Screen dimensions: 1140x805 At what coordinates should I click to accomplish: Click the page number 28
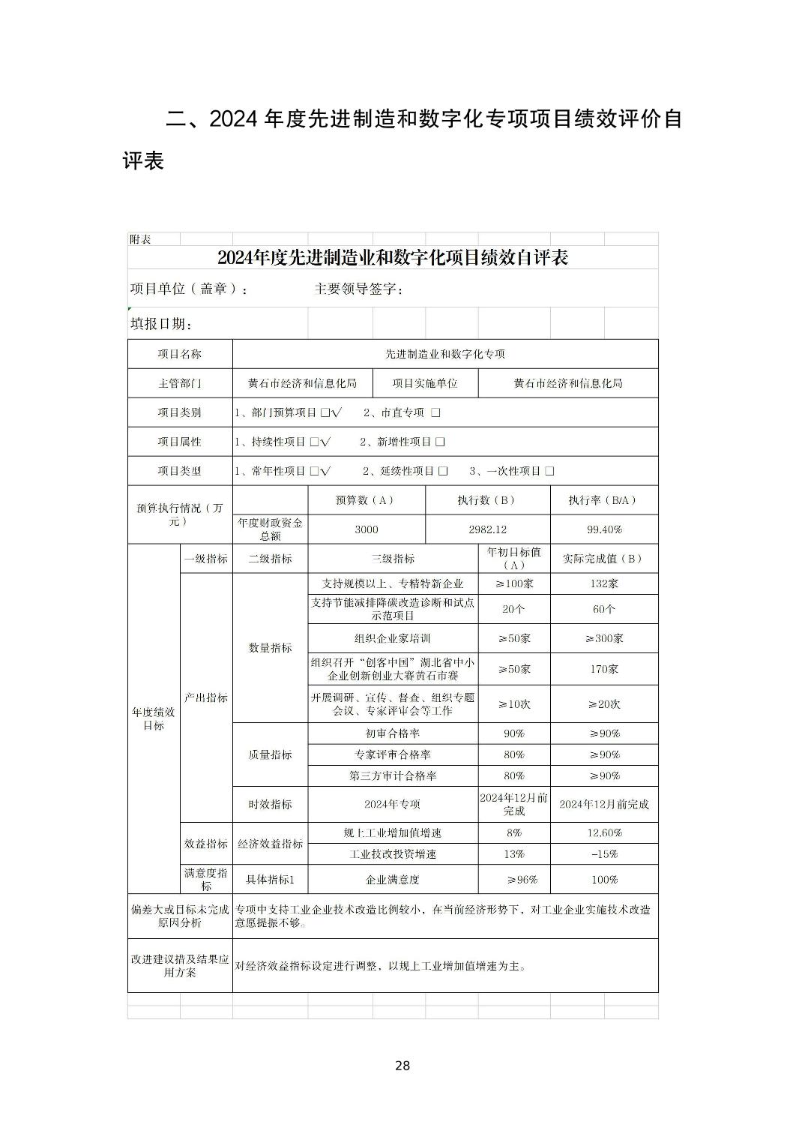402,1066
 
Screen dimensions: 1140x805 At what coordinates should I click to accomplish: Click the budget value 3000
367,529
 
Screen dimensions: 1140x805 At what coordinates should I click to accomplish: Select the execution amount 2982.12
488,529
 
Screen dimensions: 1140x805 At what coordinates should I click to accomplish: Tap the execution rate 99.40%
604,529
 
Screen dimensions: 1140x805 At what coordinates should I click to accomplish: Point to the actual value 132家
604,583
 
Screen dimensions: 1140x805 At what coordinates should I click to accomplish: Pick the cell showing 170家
604,669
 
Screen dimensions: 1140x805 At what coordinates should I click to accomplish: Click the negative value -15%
604,853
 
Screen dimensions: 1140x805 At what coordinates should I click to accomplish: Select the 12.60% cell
604,832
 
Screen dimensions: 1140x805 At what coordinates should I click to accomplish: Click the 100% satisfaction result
604,880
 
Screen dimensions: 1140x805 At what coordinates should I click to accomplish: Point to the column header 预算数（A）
367,500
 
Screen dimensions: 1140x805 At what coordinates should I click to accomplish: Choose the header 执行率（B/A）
604,500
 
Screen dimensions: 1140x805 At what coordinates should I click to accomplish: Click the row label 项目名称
180,354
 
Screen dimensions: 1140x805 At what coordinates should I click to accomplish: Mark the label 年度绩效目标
154,718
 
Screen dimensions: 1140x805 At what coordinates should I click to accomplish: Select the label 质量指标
270,754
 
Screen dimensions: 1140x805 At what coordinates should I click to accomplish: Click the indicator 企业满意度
393,880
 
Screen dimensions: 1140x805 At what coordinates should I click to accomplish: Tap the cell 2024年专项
393,804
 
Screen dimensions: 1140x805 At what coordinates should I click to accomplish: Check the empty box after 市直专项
435,412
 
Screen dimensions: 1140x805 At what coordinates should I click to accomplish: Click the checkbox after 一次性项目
550,471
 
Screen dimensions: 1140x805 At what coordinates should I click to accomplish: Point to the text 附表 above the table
140,239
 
